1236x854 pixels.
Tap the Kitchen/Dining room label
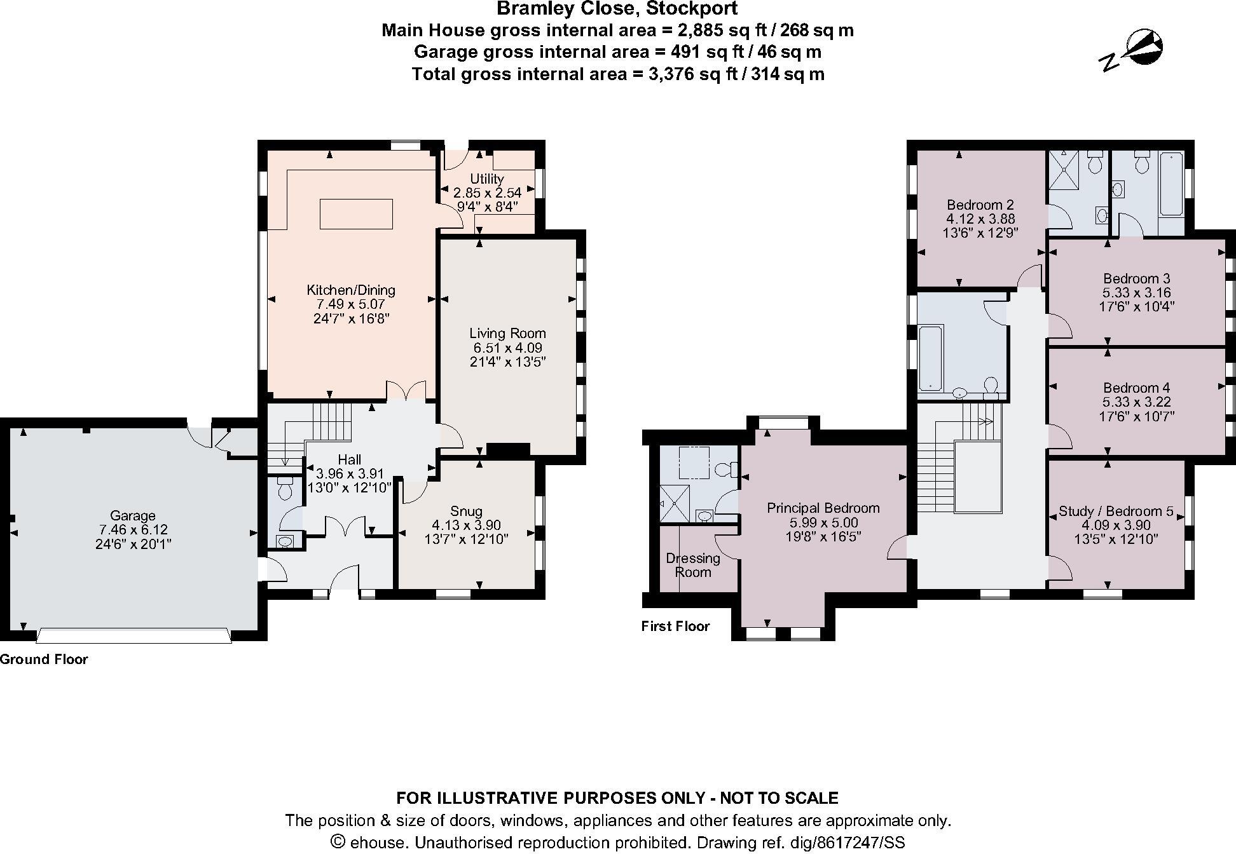point(351,290)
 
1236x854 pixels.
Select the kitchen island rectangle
point(356,213)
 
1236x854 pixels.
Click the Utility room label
point(487,179)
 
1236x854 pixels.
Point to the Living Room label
point(507,333)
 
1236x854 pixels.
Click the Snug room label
point(466,511)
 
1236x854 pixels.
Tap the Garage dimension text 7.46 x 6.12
point(133,530)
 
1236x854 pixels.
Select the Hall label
point(350,459)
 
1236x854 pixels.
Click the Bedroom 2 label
point(980,205)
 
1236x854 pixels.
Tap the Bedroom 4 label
point(1137,388)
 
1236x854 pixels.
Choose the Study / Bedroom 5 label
point(1116,511)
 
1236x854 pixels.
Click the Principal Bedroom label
point(823,508)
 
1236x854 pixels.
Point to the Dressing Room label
point(693,565)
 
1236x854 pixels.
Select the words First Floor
point(675,627)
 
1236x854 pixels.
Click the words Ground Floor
point(44,659)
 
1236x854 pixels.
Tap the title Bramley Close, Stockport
point(617,9)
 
